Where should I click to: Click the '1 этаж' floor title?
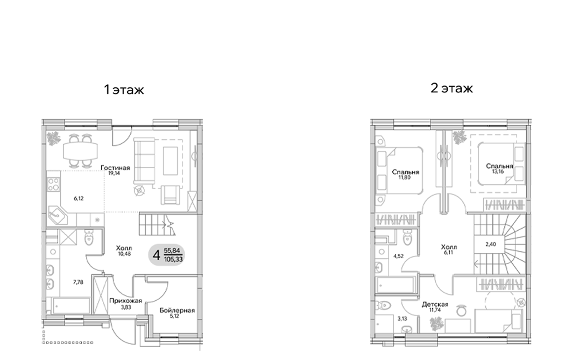tap(123, 90)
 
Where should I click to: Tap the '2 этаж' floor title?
tap(452, 88)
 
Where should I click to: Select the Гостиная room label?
tap(115, 168)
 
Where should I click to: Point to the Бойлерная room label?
tap(177, 311)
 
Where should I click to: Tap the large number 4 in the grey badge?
tap(156, 255)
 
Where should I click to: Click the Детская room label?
tap(435, 305)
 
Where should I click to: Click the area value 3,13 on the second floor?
tap(389, 320)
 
